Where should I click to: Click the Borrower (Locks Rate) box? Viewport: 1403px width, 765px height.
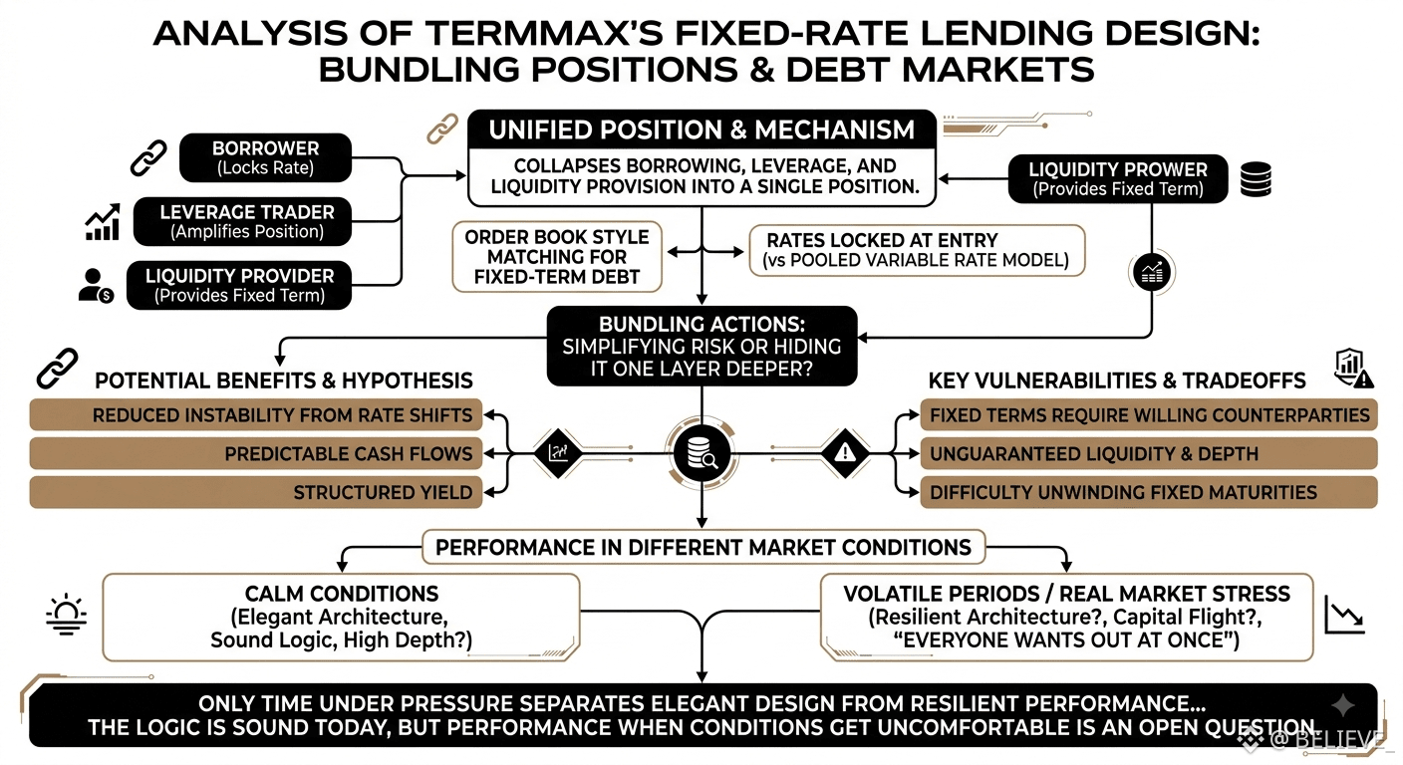(266, 157)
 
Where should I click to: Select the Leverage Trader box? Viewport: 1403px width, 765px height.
(242, 221)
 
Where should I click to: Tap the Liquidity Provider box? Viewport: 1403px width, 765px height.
(239, 286)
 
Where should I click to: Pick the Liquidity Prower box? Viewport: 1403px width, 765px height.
(1118, 179)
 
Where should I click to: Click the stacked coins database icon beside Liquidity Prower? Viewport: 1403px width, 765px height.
(1256, 179)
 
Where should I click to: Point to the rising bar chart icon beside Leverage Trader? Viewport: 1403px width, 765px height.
(103, 221)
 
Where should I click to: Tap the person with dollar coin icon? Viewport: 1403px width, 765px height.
(96, 286)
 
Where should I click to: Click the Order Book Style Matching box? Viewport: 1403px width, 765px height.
(557, 257)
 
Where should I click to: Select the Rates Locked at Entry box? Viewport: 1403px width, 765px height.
(917, 250)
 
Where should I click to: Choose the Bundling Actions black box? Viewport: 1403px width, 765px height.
(701, 347)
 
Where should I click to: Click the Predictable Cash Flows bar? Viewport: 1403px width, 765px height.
(255, 454)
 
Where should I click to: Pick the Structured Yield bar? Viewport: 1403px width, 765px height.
(255, 492)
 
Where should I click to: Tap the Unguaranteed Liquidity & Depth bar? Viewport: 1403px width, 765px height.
(1149, 454)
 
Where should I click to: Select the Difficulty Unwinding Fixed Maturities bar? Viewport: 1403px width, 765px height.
(1149, 492)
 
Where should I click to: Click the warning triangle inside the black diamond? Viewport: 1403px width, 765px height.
(845, 452)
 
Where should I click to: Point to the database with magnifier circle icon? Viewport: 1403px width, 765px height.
(701, 453)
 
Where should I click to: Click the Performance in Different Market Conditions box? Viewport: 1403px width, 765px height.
(703, 547)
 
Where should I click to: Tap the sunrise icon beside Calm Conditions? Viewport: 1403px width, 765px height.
(67, 615)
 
